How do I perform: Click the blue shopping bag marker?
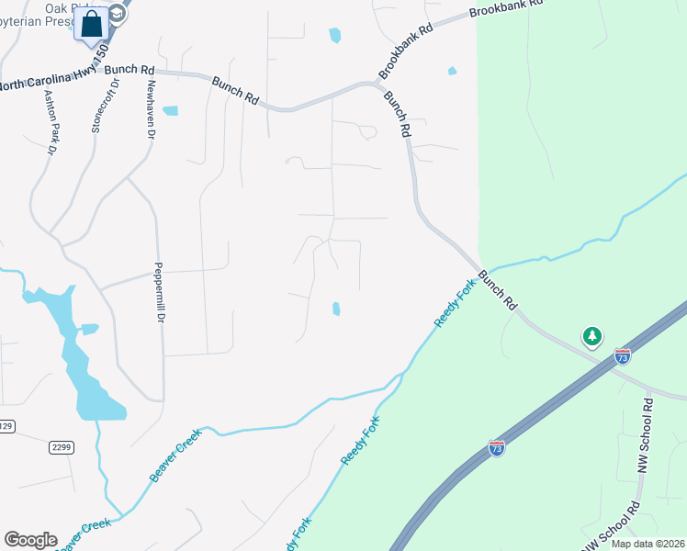point(92,25)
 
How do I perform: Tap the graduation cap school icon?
point(117,13)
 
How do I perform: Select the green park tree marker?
point(593,337)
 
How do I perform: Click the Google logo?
point(30,540)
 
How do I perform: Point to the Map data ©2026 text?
point(647,544)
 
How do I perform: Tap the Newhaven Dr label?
point(151,109)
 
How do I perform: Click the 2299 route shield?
point(61,447)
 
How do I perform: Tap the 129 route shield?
point(6,426)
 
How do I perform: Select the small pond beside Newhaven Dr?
point(170,111)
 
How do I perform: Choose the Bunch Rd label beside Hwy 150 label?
point(130,70)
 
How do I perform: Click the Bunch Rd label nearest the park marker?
point(498,290)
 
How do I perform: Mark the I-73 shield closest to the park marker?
point(623,356)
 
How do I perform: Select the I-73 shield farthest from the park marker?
point(496,448)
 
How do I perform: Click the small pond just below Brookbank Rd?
point(452,71)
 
